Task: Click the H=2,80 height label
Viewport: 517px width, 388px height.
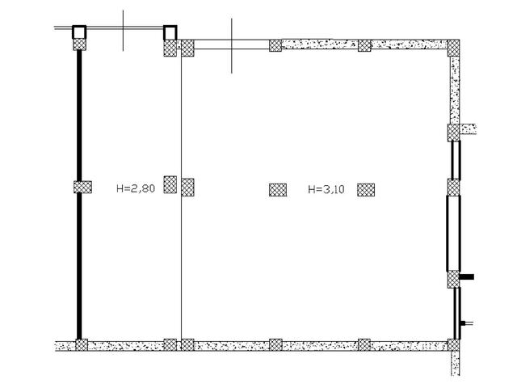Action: pos(136,188)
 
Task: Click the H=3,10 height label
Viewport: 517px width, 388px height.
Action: pos(326,189)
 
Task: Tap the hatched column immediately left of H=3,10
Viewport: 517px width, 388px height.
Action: pos(278,190)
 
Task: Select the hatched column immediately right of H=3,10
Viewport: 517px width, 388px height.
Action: pos(366,190)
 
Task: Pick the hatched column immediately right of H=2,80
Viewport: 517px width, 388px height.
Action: pos(170,184)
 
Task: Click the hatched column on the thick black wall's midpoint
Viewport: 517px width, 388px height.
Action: pos(82,187)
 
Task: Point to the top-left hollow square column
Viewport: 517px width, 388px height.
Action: pos(79,32)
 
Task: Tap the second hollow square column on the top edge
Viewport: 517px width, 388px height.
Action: pos(170,32)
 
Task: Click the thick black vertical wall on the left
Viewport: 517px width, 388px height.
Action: pos(79,195)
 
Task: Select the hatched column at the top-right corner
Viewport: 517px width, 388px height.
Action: pos(453,48)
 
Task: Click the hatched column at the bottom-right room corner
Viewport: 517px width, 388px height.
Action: pos(453,345)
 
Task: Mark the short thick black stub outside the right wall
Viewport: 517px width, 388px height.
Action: pos(467,276)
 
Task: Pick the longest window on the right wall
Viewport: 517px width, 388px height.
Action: pos(453,234)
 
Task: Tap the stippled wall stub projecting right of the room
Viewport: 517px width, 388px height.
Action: pos(468,129)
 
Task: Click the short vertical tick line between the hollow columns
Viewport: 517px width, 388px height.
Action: pos(124,31)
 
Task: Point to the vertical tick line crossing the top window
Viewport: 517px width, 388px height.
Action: pos(232,45)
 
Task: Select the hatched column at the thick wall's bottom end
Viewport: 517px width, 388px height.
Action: pos(82,345)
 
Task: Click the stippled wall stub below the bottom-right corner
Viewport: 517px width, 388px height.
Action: pos(455,363)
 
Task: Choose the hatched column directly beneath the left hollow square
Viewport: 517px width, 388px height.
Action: pos(79,44)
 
